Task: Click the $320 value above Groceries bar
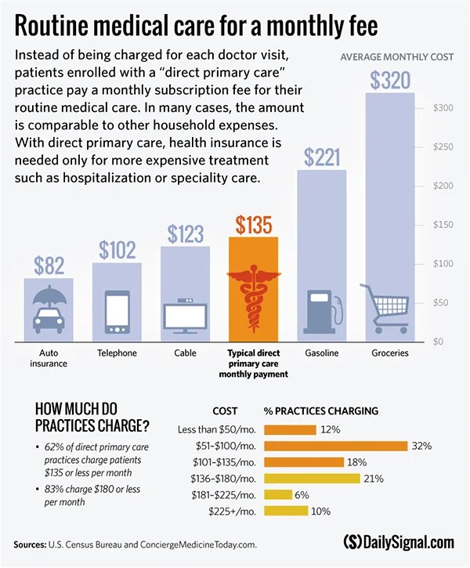[390, 80]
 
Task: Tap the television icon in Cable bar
[186, 314]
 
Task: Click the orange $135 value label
[253, 225]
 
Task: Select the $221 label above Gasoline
[321, 157]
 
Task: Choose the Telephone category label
[117, 353]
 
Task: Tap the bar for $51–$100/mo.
[336, 446]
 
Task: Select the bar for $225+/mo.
[287, 511]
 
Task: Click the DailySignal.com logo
[398, 542]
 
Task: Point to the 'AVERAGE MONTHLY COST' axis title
[396, 57]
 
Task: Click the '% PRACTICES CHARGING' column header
[320, 411]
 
